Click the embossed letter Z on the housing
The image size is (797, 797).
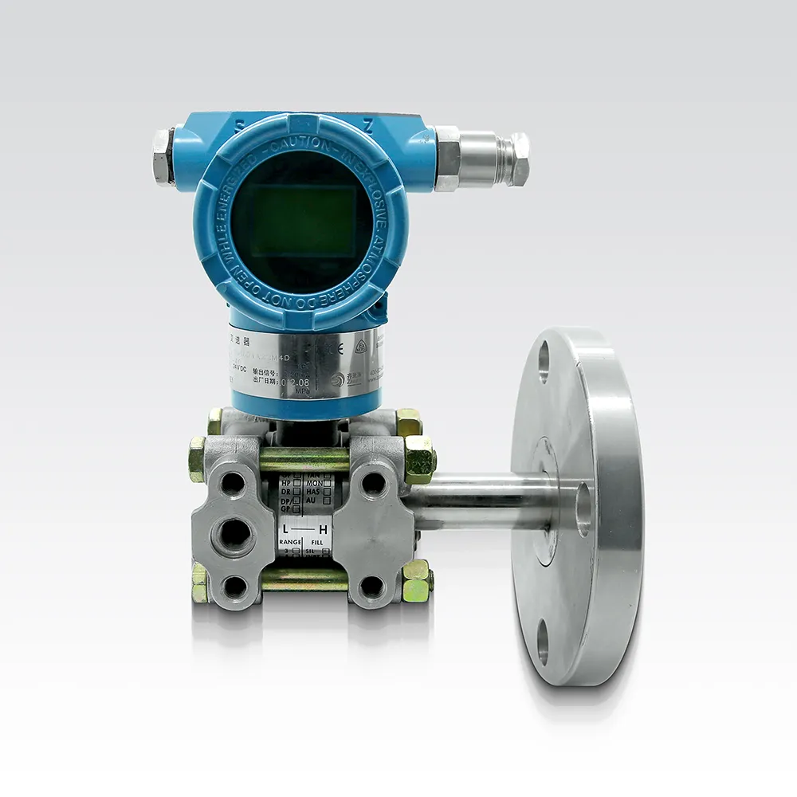click(367, 126)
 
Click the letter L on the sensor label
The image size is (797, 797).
click(284, 529)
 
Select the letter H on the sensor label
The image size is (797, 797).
click(323, 529)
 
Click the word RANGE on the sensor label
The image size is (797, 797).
click(289, 542)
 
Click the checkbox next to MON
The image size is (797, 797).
click(327, 483)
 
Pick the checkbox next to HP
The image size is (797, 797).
click(297, 483)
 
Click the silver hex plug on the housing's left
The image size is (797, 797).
click(163, 156)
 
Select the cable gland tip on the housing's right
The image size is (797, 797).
click(519, 159)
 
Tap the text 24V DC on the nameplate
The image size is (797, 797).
click(239, 367)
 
